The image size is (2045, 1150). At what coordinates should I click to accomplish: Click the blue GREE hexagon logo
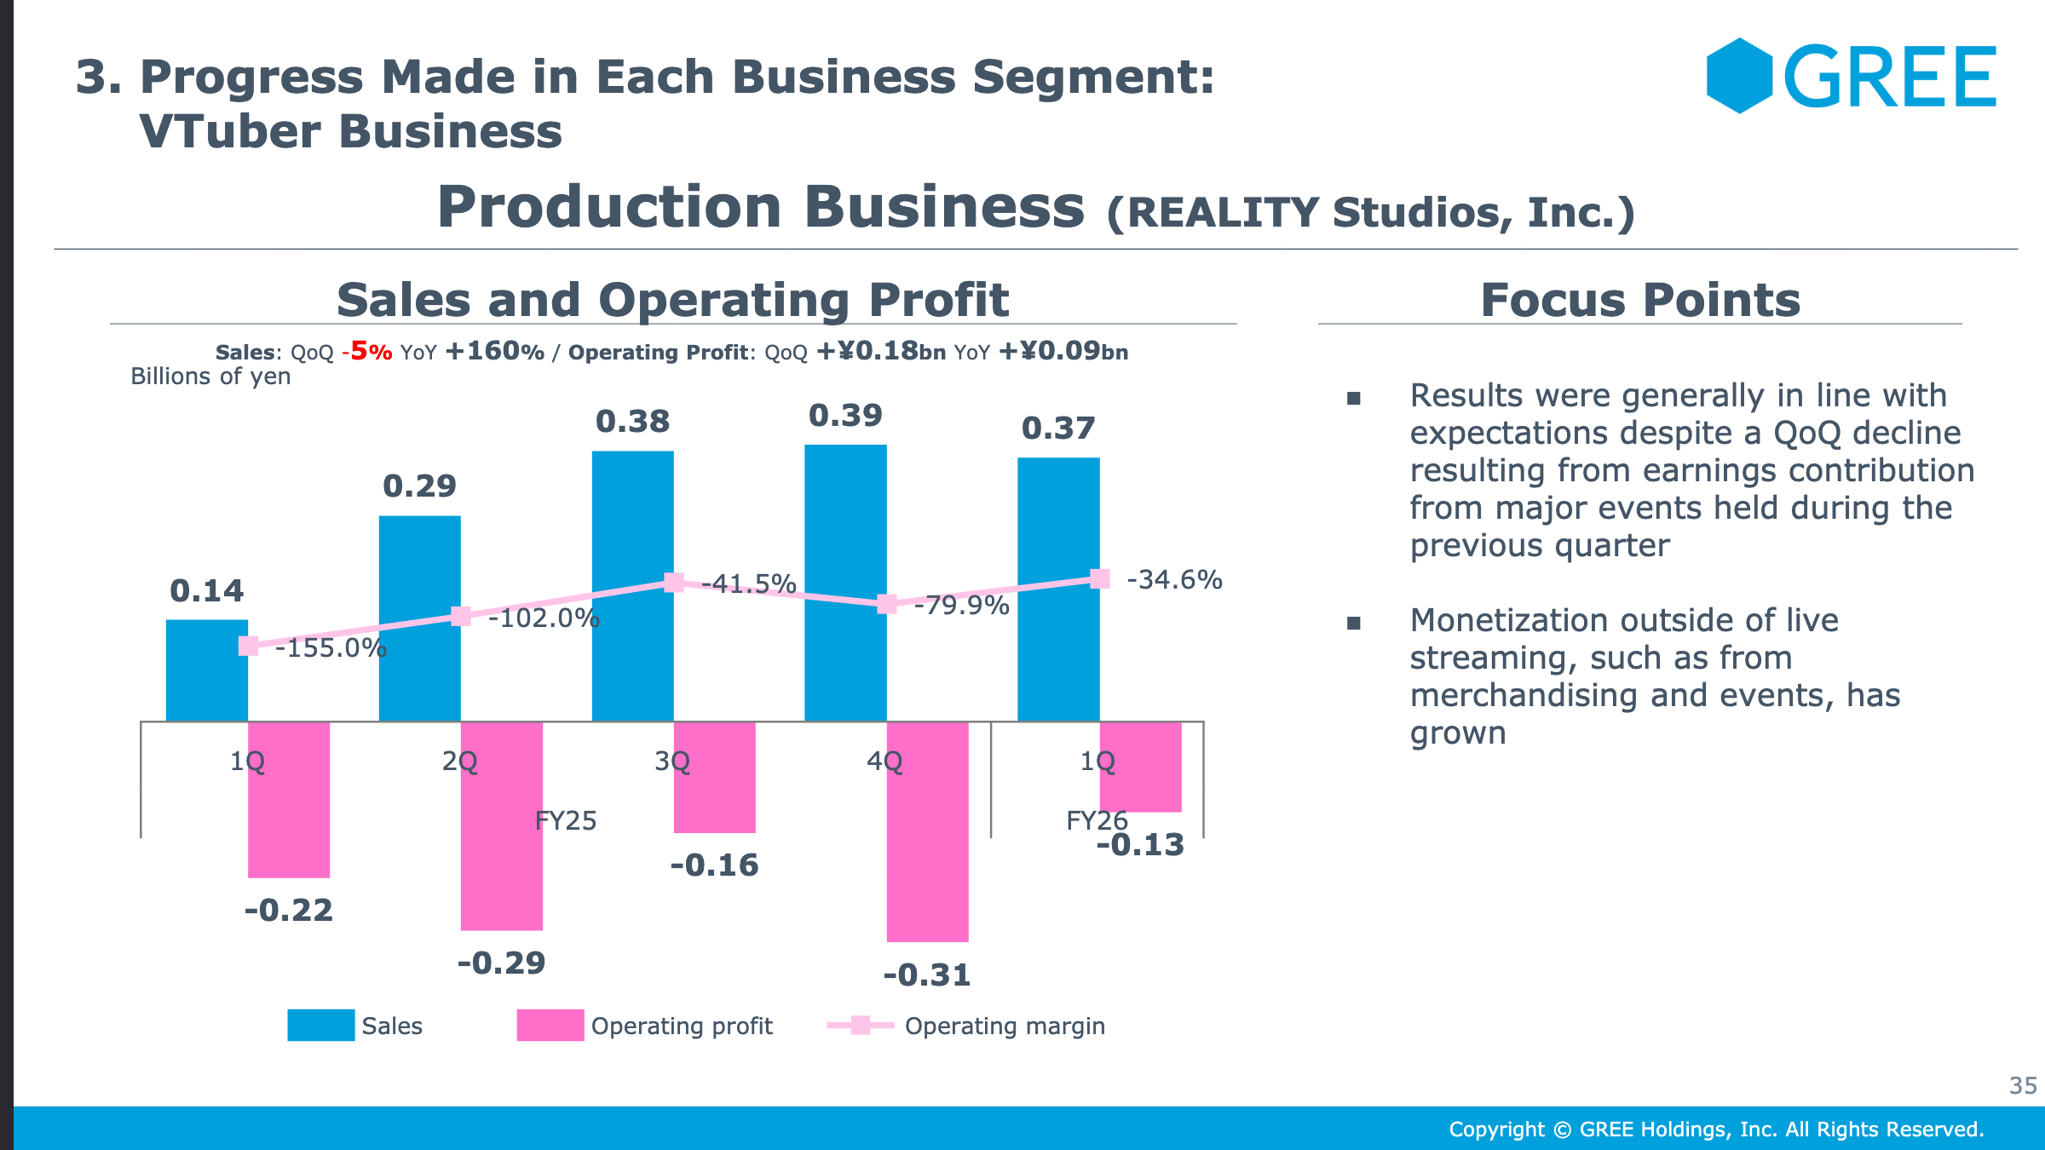1739,76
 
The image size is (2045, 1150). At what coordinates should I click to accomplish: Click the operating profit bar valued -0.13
1140,767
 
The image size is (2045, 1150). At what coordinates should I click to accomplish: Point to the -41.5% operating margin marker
673,583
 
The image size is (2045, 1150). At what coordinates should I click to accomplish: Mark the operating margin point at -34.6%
1100,579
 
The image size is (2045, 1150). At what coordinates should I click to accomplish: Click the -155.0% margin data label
331,648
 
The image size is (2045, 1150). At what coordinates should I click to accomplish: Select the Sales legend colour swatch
320,1025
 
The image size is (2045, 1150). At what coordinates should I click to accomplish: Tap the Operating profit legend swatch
550,1025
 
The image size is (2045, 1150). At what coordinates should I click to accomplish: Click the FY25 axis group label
566,821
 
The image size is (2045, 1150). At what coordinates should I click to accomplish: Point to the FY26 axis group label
1097,821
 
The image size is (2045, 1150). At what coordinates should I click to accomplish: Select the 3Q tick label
672,761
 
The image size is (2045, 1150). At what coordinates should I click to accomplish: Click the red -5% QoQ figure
367,351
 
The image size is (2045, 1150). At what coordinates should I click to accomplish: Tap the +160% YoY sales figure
494,351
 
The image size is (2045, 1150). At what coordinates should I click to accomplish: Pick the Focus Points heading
1640,300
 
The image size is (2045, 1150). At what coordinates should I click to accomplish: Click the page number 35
2023,1085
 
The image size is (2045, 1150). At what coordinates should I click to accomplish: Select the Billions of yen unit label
210,377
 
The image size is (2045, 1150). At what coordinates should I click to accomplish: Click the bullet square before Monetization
1354,624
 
